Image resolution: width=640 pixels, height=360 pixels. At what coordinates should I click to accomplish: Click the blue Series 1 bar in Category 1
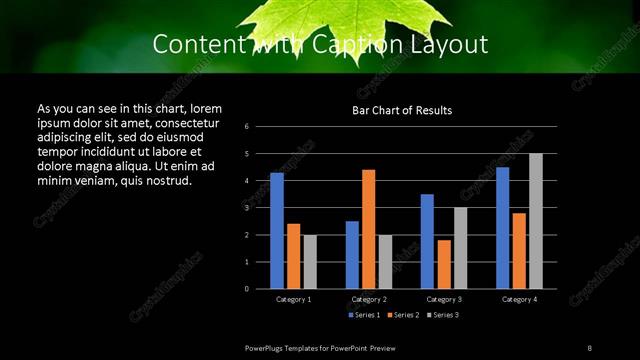point(277,231)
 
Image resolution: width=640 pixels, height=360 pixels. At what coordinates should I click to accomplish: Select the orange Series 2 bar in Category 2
point(368,229)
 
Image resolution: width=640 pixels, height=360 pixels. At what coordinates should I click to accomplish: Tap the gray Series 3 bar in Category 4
point(536,221)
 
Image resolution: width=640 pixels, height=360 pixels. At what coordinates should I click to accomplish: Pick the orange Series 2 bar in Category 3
point(444,264)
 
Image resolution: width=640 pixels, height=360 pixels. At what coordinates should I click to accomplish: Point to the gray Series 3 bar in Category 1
point(310,262)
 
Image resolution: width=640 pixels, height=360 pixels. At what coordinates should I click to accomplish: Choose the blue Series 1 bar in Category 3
point(427,241)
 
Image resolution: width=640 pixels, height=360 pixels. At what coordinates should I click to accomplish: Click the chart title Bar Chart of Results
point(402,110)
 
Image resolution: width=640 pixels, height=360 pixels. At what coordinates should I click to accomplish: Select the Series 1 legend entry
point(363,315)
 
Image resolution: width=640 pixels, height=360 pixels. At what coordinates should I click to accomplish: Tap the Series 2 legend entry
point(402,315)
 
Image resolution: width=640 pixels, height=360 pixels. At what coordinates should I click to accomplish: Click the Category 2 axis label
point(369,299)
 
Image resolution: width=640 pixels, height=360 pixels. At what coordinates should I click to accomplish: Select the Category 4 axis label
point(519,299)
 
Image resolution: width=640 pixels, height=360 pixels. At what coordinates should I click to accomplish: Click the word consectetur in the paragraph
point(183,122)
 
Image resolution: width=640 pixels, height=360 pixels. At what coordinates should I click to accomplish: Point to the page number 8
point(590,347)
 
